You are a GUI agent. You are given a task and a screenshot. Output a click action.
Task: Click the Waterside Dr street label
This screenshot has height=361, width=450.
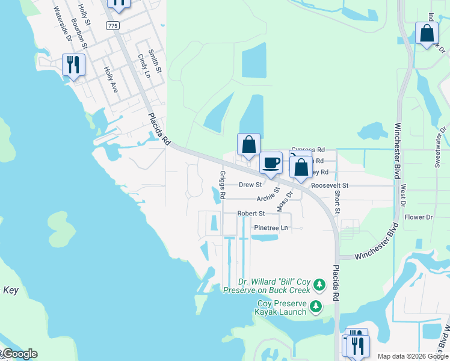point(62,25)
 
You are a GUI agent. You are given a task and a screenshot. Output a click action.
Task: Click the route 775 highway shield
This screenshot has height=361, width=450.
point(112,25)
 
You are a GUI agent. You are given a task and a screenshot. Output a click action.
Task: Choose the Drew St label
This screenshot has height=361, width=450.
point(250,185)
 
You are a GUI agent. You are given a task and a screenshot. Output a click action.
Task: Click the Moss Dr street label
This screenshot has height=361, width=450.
point(285,200)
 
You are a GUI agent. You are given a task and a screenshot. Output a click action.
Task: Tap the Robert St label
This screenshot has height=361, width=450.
point(251,214)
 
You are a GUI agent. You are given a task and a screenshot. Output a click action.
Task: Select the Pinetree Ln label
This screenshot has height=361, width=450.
point(271,228)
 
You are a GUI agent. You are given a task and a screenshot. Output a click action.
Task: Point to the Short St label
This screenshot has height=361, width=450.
point(337,202)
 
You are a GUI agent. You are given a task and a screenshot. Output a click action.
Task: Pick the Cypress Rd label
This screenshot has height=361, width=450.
point(308,149)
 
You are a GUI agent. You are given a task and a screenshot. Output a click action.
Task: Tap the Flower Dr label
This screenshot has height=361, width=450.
point(419,217)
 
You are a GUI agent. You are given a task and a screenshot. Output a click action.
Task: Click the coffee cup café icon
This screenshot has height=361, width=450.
point(271,162)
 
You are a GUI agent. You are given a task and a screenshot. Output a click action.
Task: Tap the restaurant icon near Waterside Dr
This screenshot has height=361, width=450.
point(73,64)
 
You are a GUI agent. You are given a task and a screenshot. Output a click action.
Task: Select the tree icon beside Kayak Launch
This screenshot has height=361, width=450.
point(316,308)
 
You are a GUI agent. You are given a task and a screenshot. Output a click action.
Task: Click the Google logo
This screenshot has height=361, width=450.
point(19,354)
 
